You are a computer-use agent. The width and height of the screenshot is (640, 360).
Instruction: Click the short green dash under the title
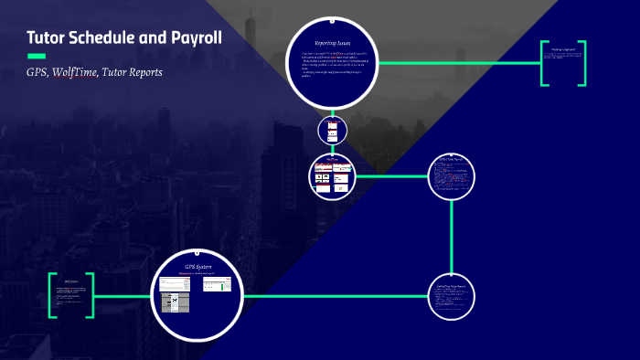pyautogui.click(x=36, y=57)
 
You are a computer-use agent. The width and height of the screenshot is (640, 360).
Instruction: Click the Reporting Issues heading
pyautogui.click(x=331, y=42)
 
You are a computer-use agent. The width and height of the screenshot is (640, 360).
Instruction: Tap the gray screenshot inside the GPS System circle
pyautogui.click(x=174, y=300)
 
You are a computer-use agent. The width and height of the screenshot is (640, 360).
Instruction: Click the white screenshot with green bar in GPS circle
pyautogui.click(x=217, y=284)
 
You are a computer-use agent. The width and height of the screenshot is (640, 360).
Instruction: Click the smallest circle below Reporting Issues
pyautogui.click(x=332, y=130)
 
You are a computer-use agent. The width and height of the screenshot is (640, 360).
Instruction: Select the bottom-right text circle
pyautogui.click(x=453, y=295)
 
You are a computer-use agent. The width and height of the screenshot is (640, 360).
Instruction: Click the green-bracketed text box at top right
pyautogui.click(x=562, y=64)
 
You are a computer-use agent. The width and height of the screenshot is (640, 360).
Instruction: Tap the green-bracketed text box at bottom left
pyautogui.click(x=71, y=295)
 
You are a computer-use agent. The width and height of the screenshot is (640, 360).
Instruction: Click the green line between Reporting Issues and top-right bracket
pyautogui.click(x=457, y=64)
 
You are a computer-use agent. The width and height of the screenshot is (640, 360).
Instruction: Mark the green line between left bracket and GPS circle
pyautogui.click(x=123, y=295)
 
